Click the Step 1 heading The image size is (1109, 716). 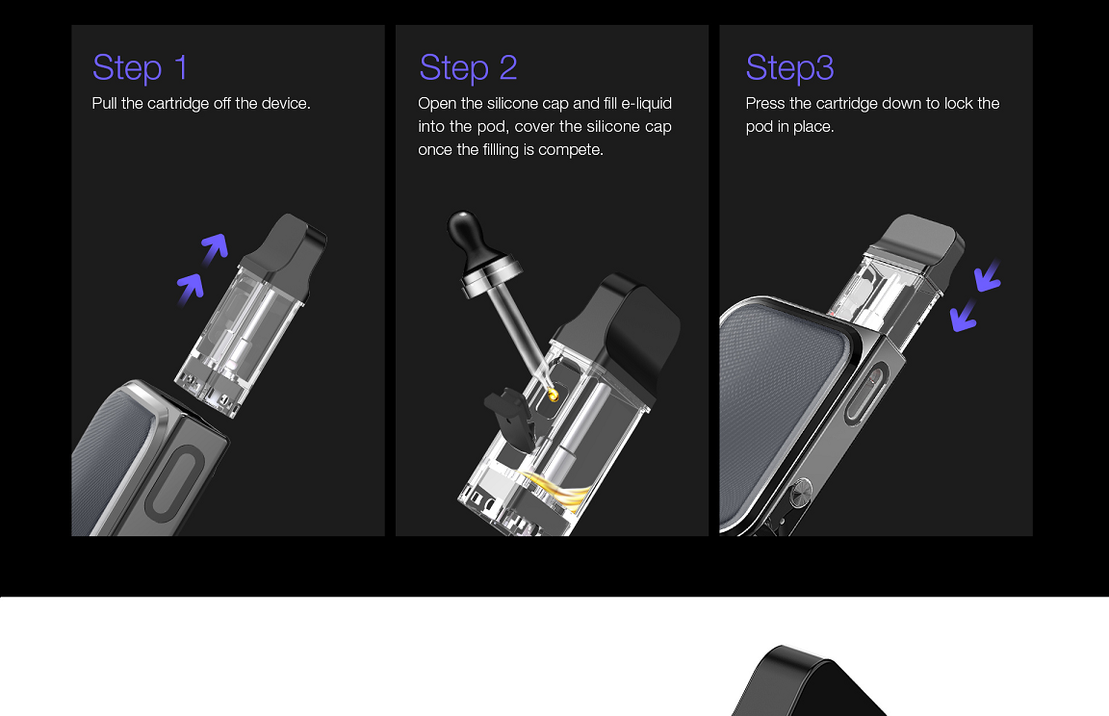coord(140,68)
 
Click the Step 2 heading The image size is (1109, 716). coord(468,68)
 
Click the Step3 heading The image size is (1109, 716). coord(789,68)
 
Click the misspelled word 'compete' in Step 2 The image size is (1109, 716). coord(571,150)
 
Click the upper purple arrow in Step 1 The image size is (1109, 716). coord(215,248)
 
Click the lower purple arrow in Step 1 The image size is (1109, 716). coord(191,286)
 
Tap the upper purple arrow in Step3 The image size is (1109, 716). coord(988,276)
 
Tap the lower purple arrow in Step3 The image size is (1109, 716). coord(964,315)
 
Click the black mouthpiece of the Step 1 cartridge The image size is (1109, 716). coord(286,242)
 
